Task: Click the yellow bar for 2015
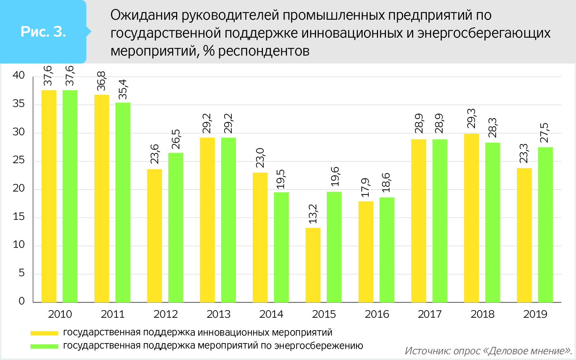point(313,265)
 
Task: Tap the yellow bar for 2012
point(154,236)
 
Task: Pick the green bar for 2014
point(281,247)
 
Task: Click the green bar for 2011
point(123,202)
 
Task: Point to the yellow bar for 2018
point(471,218)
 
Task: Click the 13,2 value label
point(313,214)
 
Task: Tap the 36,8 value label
point(101,81)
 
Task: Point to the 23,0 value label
point(260,158)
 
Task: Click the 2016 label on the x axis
point(377,314)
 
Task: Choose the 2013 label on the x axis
point(218,314)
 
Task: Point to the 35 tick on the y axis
point(19,104)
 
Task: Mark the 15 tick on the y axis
point(19,217)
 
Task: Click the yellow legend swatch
point(44,333)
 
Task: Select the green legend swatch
point(44,346)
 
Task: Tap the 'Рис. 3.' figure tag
point(43,32)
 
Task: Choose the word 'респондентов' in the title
point(264,51)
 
